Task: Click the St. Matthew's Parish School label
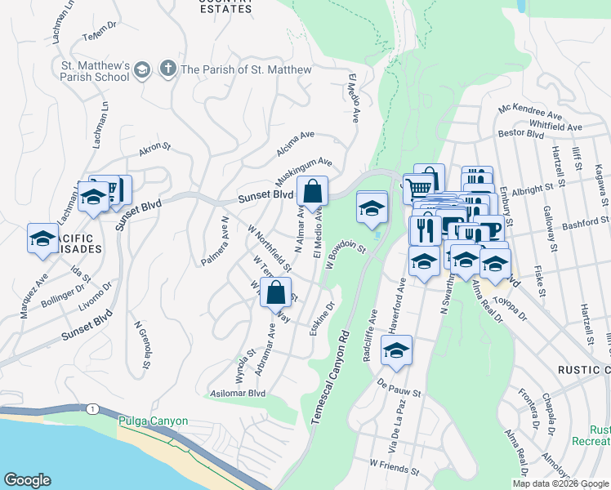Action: pos(90,70)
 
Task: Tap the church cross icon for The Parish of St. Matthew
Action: pos(168,69)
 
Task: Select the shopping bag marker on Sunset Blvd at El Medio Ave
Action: pos(312,193)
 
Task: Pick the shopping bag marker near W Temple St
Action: pos(277,292)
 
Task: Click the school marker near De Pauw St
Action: pos(397,350)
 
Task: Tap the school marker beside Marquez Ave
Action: pos(42,238)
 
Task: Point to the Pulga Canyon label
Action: pos(153,421)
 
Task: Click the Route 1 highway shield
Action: pos(96,408)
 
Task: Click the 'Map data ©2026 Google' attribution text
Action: pos(560,483)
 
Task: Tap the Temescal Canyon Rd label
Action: pos(330,376)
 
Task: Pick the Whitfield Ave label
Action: pos(555,127)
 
